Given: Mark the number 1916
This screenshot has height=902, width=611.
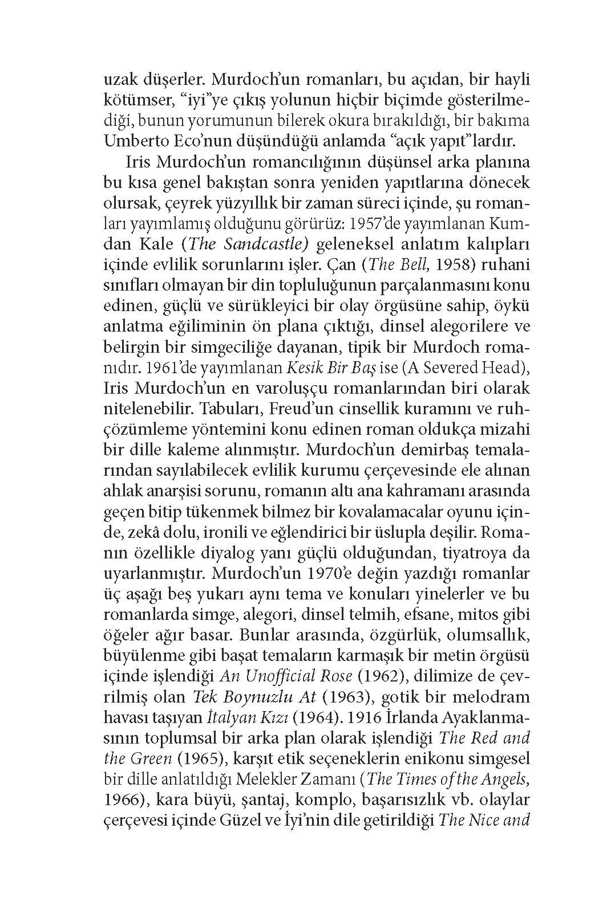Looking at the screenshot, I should tap(365, 717).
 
